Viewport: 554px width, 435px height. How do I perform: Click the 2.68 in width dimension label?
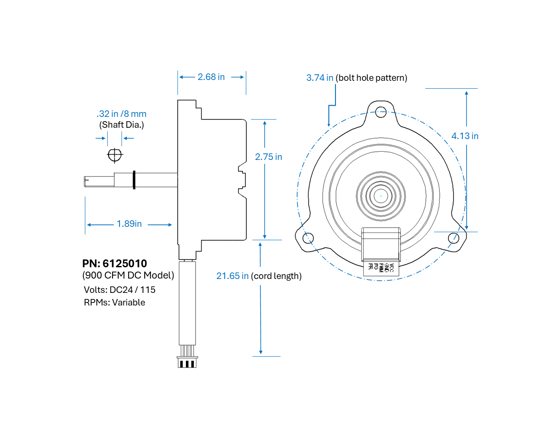[x=211, y=77]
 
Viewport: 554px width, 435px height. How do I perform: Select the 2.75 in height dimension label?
[x=269, y=157]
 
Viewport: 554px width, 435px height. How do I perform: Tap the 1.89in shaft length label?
[x=129, y=224]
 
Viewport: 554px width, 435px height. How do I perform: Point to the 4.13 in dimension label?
[x=464, y=136]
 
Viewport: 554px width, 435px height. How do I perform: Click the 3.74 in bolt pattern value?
[x=319, y=78]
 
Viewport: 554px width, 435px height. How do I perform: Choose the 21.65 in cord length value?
[x=232, y=276]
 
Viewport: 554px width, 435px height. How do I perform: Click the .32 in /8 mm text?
[x=121, y=114]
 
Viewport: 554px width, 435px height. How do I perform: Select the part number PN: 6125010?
[x=115, y=263]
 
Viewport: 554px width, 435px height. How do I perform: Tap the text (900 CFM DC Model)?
[x=128, y=275]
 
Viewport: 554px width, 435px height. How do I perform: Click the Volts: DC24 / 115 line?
[x=119, y=290]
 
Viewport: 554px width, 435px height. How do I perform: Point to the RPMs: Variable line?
[x=114, y=302]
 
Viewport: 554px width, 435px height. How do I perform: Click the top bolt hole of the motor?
[x=381, y=112]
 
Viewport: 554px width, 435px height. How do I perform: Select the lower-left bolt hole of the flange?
[x=308, y=238]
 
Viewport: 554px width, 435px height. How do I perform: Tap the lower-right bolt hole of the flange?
[x=453, y=238]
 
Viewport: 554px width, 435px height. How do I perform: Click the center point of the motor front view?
[x=381, y=196]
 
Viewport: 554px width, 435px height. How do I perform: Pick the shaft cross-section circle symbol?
[x=115, y=155]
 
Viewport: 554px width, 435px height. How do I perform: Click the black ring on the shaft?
[x=134, y=180]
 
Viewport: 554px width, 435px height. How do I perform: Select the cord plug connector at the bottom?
[x=187, y=362]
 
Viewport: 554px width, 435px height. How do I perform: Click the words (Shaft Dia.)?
[x=121, y=125]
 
